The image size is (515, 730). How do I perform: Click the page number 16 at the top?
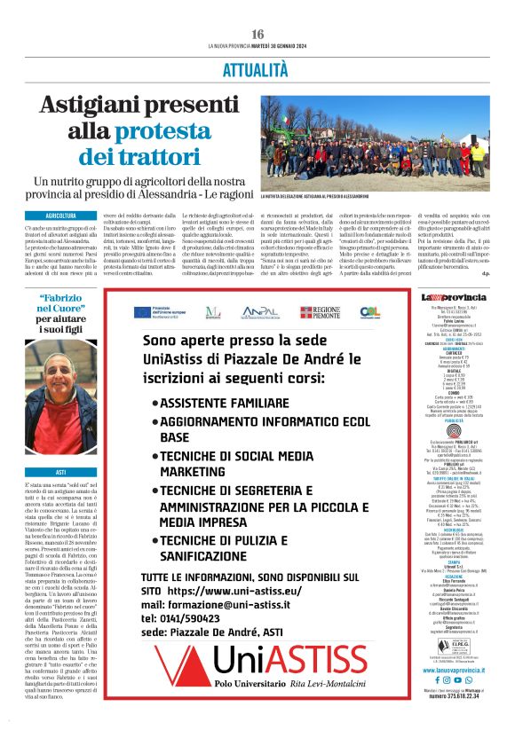tap(257, 34)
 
